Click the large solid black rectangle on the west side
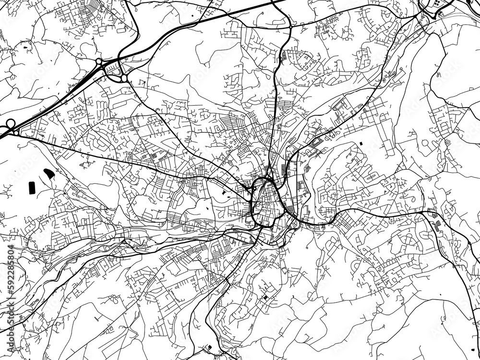[33, 187]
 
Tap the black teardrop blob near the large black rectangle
[49, 172]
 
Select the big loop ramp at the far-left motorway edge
[9, 126]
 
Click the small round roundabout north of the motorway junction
[99, 61]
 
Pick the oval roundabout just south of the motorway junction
[124, 77]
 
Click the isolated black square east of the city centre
[358, 144]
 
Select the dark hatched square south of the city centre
[265, 299]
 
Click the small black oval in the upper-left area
[24, 47]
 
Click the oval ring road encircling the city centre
[264, 202]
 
